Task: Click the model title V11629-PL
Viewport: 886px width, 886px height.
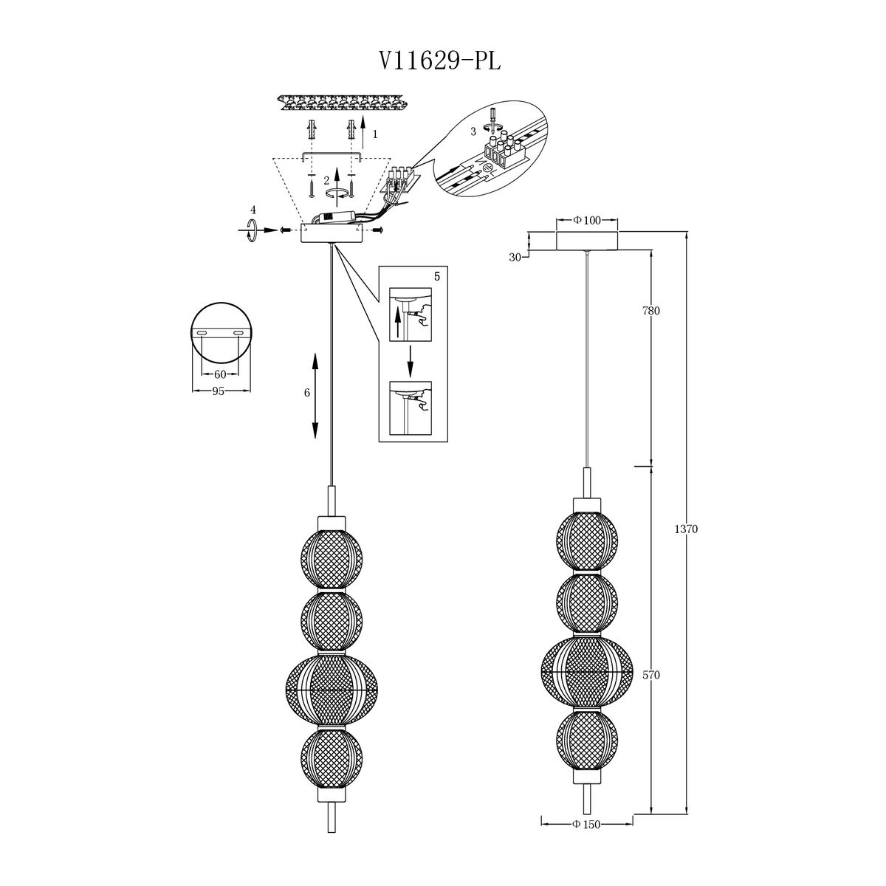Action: click(439, 61)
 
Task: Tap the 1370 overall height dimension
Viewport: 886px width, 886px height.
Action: click(686, 529)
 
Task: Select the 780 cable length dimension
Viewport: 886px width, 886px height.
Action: click(651, 311)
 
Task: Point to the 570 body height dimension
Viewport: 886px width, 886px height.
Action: click(651, 675)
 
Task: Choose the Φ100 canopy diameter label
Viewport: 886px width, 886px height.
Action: click(587, 220)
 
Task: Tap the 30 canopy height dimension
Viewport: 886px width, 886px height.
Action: click(515, 258)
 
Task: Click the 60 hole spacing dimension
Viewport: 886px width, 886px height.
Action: click(220, 374)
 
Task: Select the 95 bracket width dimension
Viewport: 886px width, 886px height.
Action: click(218, 391)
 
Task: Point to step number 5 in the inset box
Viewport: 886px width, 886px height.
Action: click(437, 276)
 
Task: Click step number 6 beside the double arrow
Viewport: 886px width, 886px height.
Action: click(307, 393)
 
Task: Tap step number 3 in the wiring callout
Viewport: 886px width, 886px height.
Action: click(473, 132)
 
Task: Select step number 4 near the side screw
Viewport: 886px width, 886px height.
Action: click(253, 210)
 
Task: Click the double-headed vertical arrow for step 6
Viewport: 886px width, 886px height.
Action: click(315, 396)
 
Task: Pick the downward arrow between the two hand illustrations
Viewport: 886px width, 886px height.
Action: click(411, 361)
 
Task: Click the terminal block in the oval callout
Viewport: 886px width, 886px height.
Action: click(504, 148)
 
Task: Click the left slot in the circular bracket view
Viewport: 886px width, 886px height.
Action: click(202, 333)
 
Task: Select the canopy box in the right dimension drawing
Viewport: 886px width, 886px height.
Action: click(587, 241)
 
